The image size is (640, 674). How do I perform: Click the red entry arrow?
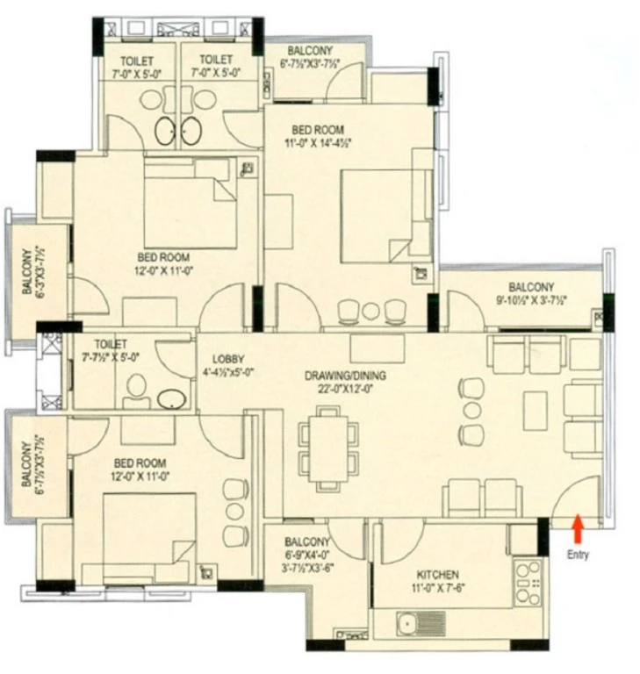[578, 528]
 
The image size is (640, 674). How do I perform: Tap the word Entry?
[578, 555]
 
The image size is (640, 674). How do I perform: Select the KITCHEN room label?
[438, 574]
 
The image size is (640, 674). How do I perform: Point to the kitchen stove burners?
[528, 583]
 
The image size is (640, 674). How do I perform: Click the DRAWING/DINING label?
[345, 376]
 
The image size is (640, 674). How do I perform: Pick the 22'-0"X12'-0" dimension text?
[345, 389]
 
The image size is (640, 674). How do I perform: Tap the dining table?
[328, 448]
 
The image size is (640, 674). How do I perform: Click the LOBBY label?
[228, 359]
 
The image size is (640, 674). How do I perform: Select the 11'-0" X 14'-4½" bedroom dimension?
[318, 143]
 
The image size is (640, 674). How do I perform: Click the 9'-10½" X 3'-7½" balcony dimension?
[532, 300]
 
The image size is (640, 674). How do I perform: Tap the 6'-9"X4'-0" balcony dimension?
[307, 555]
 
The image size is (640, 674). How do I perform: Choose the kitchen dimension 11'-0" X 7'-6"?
[438, 588]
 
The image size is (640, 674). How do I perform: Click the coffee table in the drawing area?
[536, 410]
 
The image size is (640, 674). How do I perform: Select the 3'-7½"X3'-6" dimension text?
[307, 568]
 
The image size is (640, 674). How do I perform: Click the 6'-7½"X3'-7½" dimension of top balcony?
[310, 63]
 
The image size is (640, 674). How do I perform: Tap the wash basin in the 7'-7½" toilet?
[171, 399]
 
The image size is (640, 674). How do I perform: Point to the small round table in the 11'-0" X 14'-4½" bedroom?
[370, 312]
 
